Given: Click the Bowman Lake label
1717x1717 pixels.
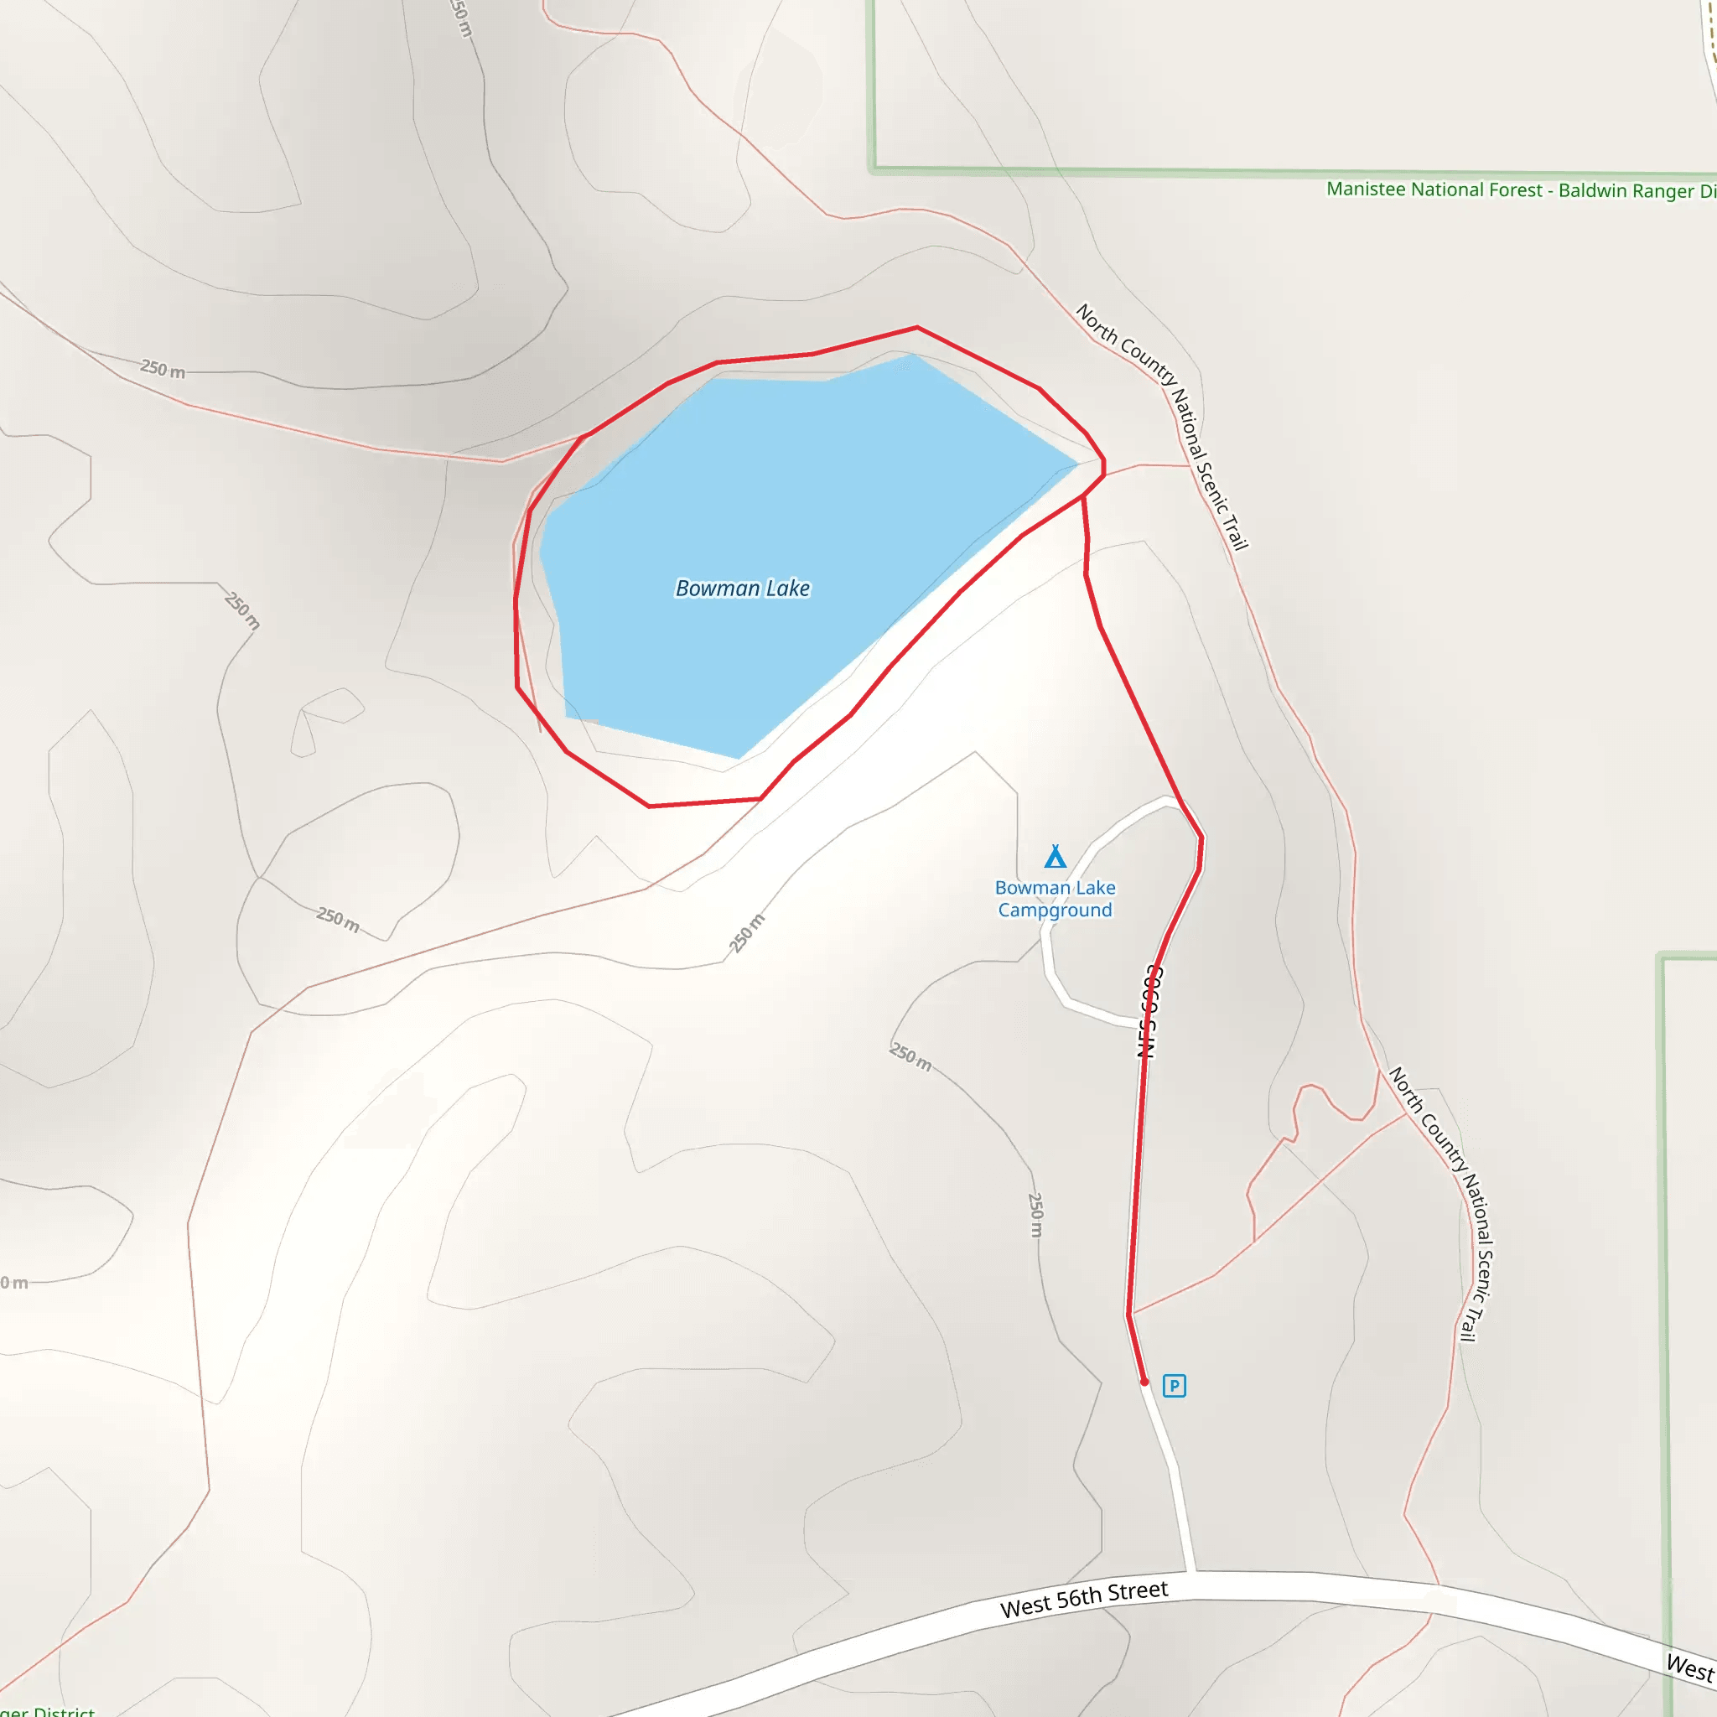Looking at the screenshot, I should [742, 589].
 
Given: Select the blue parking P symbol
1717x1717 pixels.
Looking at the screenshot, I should [1174, 1386].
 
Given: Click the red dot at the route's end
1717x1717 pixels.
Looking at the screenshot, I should [1144, 1382].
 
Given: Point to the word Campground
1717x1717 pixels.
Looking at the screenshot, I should [1055, 910].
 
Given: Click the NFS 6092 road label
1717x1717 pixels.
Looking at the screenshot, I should [1150, 1010].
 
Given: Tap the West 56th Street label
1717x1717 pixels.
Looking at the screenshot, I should [1083, 1600].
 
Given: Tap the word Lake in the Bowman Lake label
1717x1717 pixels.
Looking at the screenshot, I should [788, 589].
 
